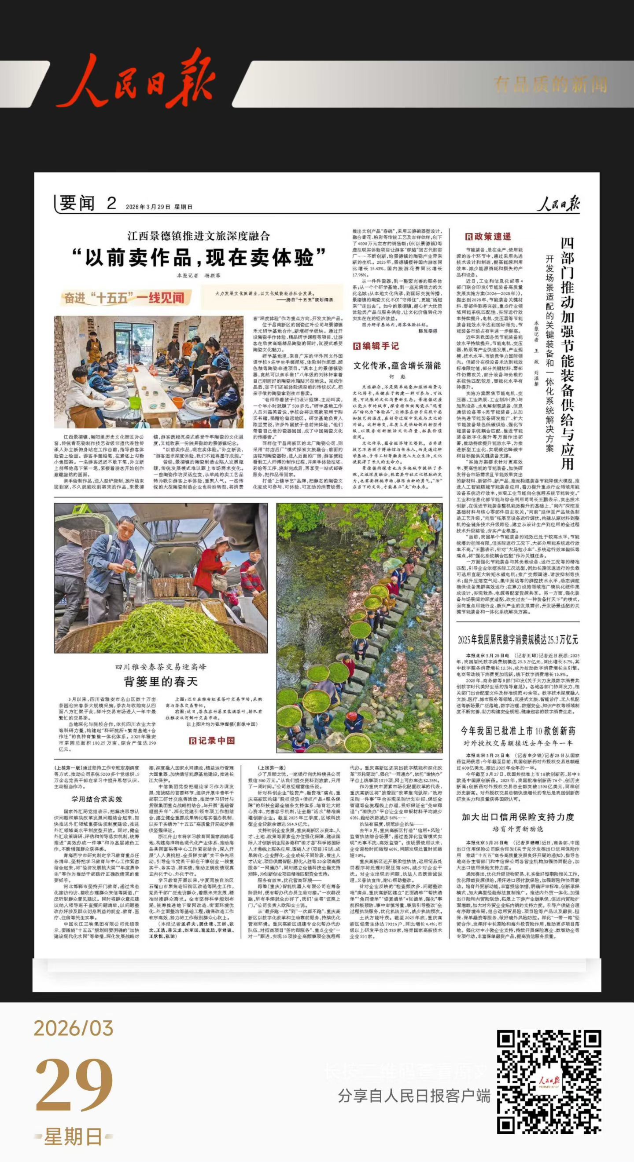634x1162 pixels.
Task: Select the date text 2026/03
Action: tap(74, 1028)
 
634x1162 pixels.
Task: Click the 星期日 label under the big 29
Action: tap(74, 1137)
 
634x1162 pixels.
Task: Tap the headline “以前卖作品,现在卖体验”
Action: tap(199, 258)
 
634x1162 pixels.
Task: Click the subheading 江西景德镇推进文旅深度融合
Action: tap(199, 236)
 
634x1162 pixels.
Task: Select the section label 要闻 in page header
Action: tap(77, 203)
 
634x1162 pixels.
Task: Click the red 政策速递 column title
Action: tap(489, 236)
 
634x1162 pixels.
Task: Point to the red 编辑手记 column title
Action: tap(376, 346)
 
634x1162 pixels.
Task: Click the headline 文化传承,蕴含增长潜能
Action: tap(397, 365)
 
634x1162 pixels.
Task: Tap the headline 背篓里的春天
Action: tap(161, 681)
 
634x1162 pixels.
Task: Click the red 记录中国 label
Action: tap(212, 741)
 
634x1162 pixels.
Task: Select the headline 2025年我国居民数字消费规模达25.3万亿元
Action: tap(517, 639)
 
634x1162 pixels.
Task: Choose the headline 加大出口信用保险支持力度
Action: tap(517, 817)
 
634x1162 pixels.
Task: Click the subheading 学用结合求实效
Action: tap(97, 799)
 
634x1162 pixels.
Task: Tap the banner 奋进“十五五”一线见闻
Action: tap(124, 298)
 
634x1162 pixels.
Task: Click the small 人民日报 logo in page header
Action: tap(558, 204)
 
